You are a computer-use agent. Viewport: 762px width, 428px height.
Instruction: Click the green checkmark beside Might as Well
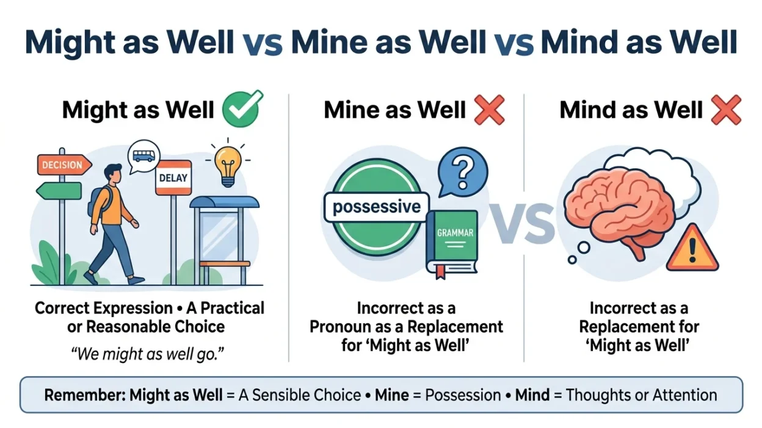click(242, 109)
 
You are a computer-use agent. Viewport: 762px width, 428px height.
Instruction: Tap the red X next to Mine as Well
click(489, 110)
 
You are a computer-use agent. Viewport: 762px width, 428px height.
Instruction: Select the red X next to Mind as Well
click(726, 110)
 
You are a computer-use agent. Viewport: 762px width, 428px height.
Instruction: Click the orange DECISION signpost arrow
click(64, 165)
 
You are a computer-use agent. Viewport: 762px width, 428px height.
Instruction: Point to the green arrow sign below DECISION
click(59, 191)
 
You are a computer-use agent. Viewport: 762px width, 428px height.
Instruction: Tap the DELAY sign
click(173, 177)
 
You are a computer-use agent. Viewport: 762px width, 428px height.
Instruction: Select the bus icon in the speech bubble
click(143, 156)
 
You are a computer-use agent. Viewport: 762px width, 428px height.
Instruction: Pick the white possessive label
click(377, 207)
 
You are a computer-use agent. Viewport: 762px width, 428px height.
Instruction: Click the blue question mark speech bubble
click(463, 173)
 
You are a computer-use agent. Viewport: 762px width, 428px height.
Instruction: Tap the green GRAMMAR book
click(452, 243)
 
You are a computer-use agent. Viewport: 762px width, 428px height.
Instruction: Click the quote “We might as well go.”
click(147, 354)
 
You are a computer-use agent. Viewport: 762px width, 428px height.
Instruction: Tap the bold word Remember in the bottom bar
click(85, 395)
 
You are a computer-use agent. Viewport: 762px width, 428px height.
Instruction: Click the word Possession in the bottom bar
click(463, 395)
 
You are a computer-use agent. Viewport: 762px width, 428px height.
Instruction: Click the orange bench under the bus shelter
click(225, 263)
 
